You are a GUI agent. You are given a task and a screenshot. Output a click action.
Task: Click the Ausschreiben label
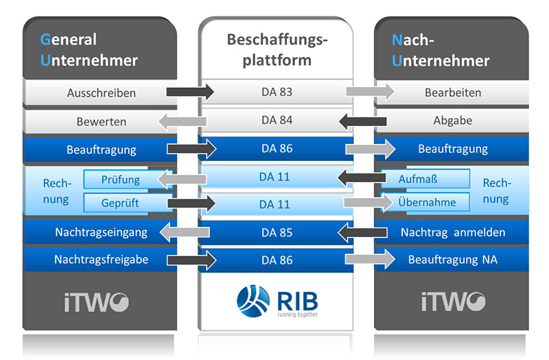tap(101, 93)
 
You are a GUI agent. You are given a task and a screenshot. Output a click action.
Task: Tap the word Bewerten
tap(101, 122)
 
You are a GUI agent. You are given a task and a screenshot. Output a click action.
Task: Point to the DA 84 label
tap(277, 121)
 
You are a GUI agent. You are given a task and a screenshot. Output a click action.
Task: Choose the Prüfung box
tap(120, 180)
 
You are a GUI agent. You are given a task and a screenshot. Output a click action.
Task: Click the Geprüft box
tap(120, 203)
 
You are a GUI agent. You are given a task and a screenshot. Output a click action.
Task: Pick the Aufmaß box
tap(421, 179)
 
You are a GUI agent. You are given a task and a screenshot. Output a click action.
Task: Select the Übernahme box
tap(425, 203)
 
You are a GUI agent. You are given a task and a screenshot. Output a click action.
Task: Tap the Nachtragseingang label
tap(101, 232)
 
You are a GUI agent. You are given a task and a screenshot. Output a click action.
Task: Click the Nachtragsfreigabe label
tap(101, 259)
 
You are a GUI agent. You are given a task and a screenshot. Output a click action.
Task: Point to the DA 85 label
tap(277, 232)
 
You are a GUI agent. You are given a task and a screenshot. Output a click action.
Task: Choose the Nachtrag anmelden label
tap(452, 232)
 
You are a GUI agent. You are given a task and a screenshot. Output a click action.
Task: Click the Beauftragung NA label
tap(452, 260)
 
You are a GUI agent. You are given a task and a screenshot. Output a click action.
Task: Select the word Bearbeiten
tap(452, 93)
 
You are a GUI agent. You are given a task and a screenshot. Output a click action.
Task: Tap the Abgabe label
tap(452, 121)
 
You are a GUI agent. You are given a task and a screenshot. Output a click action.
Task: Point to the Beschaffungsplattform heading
tap(277, 49)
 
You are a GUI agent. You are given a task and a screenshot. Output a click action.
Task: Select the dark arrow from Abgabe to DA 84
tap(363, 121)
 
